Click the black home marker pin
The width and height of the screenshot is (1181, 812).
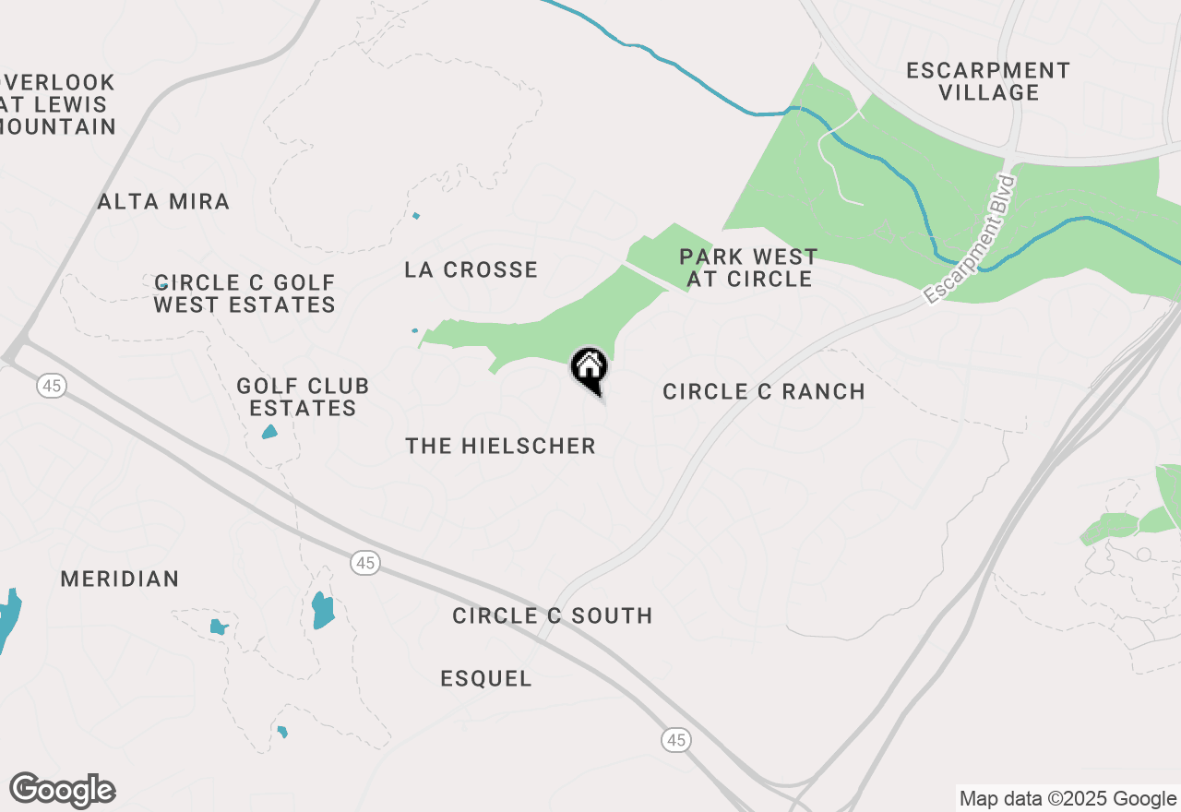[590, 369]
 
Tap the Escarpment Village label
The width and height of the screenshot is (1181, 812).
[988, 81]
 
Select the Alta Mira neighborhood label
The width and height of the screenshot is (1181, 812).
[163, 201]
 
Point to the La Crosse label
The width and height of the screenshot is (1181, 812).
[471, 269]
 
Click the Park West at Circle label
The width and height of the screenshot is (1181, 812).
[748, 268]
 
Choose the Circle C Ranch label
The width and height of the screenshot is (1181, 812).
[764, 391]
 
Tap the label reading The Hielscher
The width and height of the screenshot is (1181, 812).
[500, 446]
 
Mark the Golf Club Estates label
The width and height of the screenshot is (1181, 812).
[303, 397]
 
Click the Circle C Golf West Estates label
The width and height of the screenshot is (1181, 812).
[245, 293]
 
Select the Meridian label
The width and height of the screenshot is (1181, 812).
[120, 579]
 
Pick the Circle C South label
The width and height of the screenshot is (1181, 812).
[553, 615]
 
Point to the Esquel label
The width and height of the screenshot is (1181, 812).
[486, 678]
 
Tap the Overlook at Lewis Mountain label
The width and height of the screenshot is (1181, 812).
[57, 104]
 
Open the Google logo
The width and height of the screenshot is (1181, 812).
[62, 791]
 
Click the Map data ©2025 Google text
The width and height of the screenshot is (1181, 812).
[1068, 799]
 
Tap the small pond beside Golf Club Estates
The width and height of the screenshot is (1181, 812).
[269, 432]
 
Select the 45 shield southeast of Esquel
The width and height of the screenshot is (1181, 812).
[676, 739]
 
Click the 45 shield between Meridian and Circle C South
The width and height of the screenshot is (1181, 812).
[366, 562]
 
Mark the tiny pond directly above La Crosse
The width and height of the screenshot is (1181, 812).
[416, 216]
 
